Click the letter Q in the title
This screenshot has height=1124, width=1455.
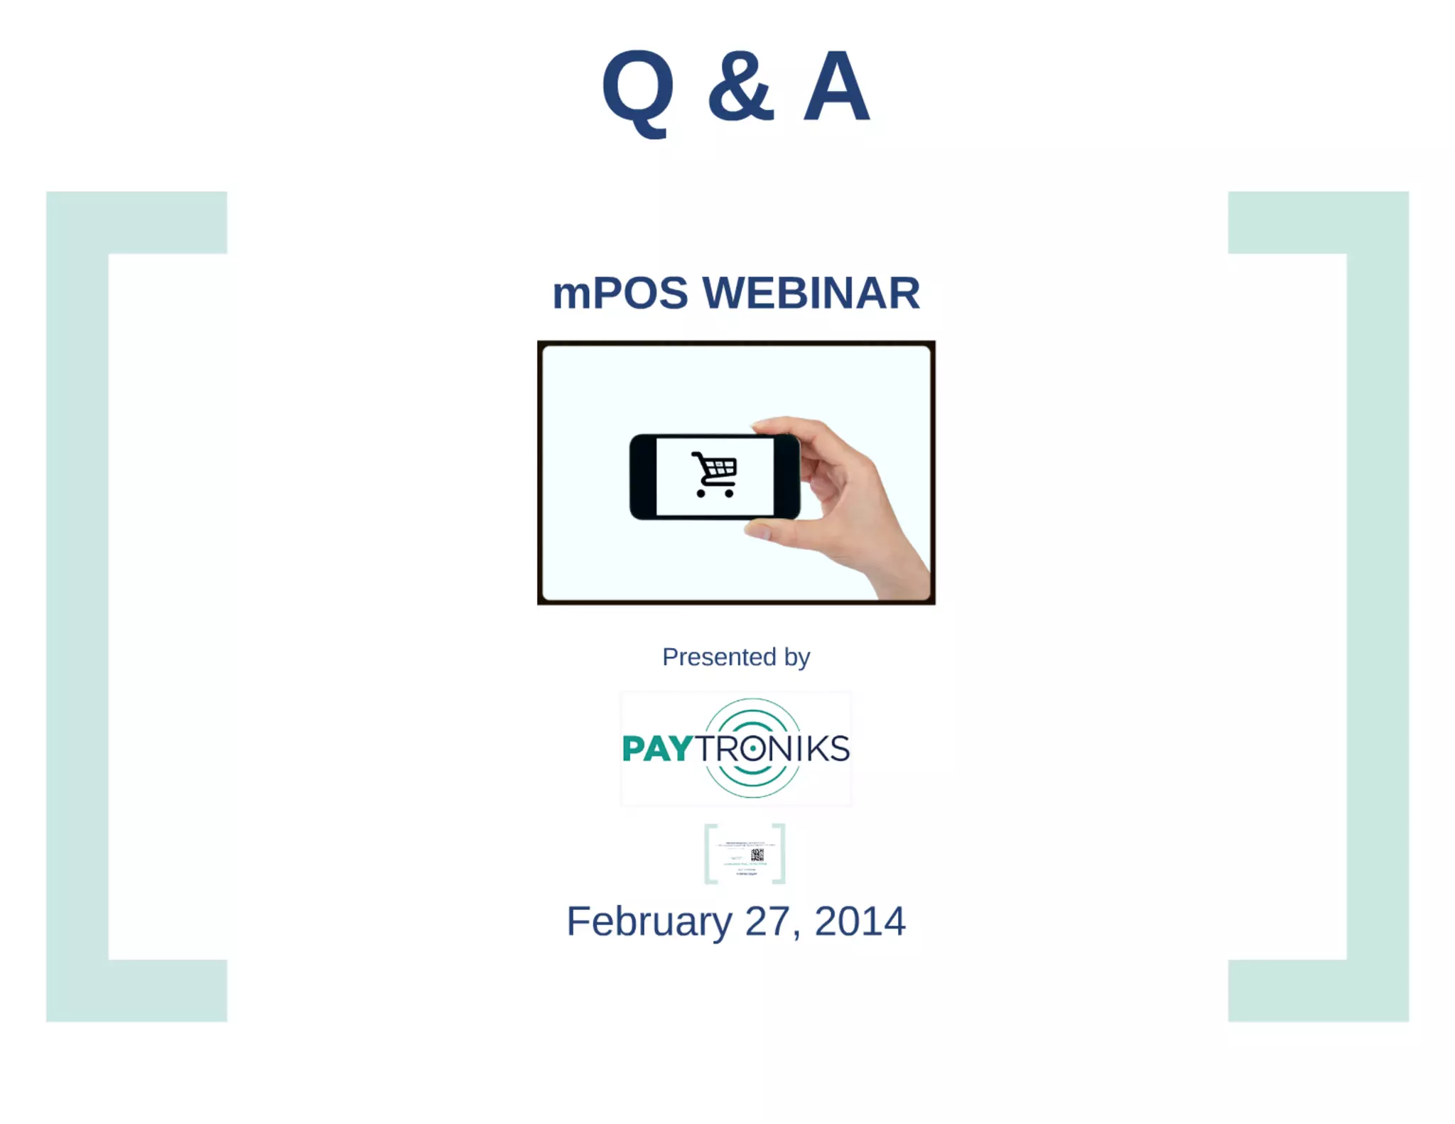[637, 89]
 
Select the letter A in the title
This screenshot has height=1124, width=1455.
[836, 87]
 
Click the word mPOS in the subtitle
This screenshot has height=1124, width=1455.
[620, 293]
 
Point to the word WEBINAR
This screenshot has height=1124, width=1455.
[811, 293]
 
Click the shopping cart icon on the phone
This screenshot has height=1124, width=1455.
[715, 474]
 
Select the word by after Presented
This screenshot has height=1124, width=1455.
[797, 658]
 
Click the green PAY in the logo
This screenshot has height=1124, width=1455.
[656, 749]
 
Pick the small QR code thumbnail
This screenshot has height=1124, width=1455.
[757, 854]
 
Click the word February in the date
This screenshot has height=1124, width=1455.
[649, 922]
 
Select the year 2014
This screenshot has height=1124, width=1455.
[860, 922]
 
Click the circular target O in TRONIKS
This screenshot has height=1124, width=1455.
[752, 749]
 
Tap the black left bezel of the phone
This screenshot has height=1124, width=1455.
[643, 477]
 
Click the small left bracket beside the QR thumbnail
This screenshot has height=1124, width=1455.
[710, 853]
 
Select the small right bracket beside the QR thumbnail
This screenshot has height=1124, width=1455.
[780, 853]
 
